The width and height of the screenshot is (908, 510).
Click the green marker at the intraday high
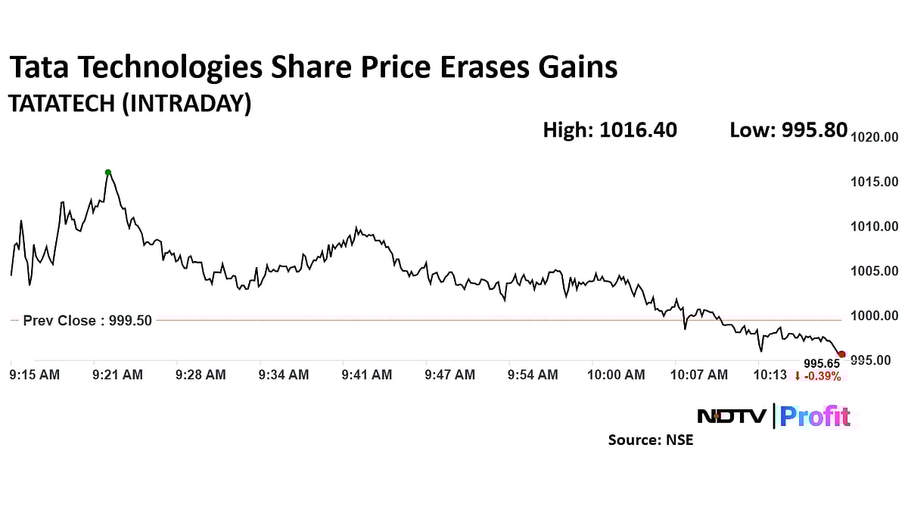pyautogui.click(x=108, y=172)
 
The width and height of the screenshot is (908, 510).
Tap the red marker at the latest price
pyautogui.click(x=842, y=354)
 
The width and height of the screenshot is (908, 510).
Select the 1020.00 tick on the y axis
pyautogui.click(x=875, y=137)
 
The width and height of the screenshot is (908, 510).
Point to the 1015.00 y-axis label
pyautogui.click(x=875, y=182)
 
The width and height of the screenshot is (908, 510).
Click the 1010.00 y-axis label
pyautogui.click(x=875, y=226)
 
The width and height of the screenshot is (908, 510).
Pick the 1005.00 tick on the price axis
pyautogui.click(x=875, y=271)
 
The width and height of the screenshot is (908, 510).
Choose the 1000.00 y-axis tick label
pyautogui.click(x=875, y=316)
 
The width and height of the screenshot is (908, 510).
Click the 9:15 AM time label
pyautogui.click(x=34, y=375)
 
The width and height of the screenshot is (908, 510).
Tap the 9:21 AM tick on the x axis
pyautogui.click(x=117, y=375)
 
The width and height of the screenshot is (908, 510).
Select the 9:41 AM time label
pyautogui.click(x=367, y=375)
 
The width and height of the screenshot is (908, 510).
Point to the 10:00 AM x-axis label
pyautogui.click(x=617, y=375)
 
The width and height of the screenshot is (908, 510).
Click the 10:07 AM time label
pyautogui.click(x=700, y=375)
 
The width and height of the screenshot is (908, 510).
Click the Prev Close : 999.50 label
pyautogui.click(x=87, y=320)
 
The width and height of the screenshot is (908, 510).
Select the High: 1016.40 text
pyautogui.click(x=610, y=130)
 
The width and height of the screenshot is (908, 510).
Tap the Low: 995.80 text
pyautogui.click(x=788, y=130)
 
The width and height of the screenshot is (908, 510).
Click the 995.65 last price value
pyautogui.click(x=822, y=364)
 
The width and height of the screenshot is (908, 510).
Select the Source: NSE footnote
pyautogui.click(x=650, y=440)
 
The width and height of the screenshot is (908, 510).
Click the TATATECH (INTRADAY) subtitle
pyautogui.click(x=129, y=104)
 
